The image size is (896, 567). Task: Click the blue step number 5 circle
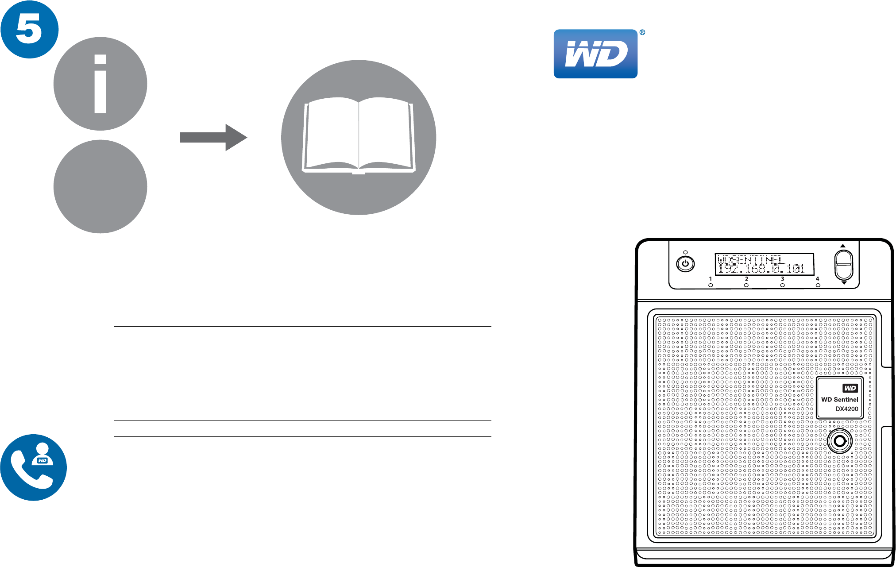pos(29,29)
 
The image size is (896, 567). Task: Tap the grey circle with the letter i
pos(100,84)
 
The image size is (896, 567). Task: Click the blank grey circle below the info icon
pos(100,186)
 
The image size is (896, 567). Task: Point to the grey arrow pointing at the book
pos(213,138)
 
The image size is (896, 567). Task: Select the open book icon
pos(359,137)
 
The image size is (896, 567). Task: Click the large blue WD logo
pos(595,54)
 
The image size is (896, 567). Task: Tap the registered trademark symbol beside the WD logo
pos(642,32)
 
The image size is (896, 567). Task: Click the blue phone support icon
pos(34,467)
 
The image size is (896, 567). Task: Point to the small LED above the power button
pos(685,252)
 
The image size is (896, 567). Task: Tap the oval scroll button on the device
pos(844,265)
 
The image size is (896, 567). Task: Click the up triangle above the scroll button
pos(843,246)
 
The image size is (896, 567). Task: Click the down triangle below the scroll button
pos(844,283)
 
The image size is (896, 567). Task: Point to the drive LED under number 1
pos(711,285)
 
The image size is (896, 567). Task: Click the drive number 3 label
pos(783,279)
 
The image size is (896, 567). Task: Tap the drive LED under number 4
pos(818,285)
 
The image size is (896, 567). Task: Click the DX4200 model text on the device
pos(846,409)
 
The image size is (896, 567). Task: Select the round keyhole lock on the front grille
pos(839,441)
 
